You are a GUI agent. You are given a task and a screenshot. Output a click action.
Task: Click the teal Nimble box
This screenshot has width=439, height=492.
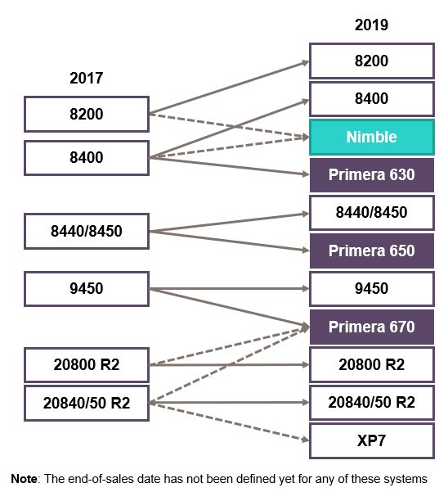pos(372,137)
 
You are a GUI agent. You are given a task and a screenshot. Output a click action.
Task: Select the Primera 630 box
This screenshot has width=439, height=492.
pos(372,174)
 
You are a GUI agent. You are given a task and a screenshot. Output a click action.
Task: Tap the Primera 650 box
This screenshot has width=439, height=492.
pos(372,251)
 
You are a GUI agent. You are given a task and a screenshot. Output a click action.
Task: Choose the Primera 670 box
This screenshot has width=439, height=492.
pos(372,327)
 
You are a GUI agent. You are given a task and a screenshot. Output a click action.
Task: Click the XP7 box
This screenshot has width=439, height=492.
pos(372,440)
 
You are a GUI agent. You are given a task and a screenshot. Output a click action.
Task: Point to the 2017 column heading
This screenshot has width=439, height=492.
pos(86,78)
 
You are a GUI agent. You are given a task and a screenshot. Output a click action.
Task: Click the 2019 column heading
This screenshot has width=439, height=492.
pos(371,25)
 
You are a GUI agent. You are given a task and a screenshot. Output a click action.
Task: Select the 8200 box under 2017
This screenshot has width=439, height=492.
pos(87,114)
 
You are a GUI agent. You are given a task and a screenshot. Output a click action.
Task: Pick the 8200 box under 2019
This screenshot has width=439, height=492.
pos(372,61)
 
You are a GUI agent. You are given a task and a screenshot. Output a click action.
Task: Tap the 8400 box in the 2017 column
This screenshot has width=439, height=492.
pos(87,158)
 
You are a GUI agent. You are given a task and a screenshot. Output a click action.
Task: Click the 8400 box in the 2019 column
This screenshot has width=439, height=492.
pos(372,99)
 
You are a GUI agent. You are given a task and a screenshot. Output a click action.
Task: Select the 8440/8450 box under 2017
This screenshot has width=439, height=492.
pos(87,231)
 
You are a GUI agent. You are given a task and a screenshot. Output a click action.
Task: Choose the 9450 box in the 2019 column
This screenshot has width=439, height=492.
pos(372,289)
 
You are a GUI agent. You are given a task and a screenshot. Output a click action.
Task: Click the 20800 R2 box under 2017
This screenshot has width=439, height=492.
pos(87,364)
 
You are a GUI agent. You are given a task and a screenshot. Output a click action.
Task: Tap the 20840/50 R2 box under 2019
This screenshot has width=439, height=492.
pos(372,403)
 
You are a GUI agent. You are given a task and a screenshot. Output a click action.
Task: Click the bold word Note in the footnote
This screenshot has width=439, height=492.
pos(24,479)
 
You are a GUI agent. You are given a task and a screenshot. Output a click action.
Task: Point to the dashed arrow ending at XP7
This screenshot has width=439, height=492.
pos(229,421)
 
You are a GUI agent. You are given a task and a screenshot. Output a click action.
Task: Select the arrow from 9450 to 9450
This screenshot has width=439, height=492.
pos(229,288)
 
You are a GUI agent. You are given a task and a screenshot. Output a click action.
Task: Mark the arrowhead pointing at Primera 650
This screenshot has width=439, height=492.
pos(305,250)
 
